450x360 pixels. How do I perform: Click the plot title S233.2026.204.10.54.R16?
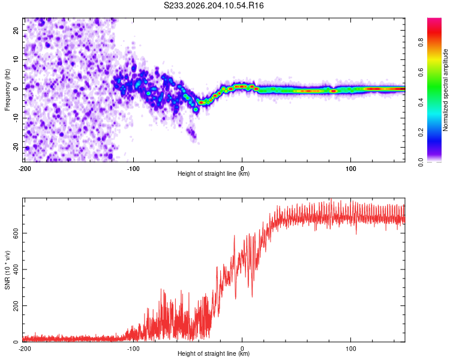tap(214, 5)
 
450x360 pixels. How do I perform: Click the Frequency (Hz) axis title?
tap(7, 89)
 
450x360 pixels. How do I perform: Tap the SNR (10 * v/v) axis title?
tap(7, 270)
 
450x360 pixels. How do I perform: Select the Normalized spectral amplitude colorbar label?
tap(445, 90)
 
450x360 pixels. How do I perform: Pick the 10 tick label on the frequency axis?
tap(16, 59)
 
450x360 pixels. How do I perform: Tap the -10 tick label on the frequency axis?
tap(16, 118)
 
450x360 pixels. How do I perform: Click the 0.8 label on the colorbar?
tap(421, 42)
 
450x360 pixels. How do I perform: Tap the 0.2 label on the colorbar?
tap(421, 132)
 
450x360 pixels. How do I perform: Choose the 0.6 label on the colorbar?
tap(421, 72)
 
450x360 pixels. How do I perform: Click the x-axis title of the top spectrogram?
tap(214, 173)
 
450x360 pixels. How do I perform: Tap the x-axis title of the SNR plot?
tap(214, 353)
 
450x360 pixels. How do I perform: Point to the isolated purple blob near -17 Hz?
tap(192, 133)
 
